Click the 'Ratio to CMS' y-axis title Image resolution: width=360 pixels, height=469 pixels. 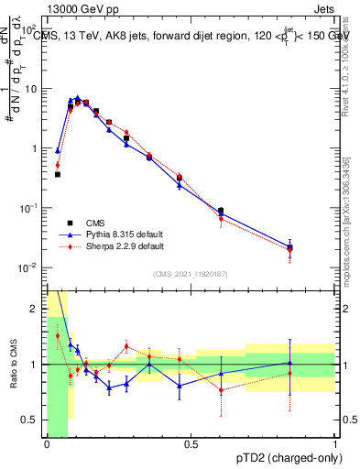[x=13, y=364]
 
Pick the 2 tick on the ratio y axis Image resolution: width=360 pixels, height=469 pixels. [x=34, y=309]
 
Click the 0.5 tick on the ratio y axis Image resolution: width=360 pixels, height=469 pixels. [x=29, y=420]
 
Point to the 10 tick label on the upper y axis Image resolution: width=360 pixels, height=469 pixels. [x=31, y=89]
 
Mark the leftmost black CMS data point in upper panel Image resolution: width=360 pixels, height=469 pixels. [x=58, y=174]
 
